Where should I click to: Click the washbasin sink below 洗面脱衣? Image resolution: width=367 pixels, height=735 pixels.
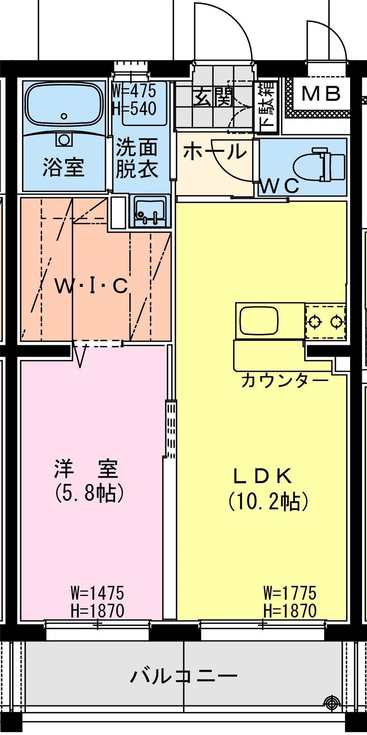coord(151,212)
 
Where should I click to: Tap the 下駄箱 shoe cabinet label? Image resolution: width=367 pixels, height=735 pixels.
coord(267,105)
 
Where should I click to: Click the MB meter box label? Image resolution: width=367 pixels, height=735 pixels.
coord(321,93)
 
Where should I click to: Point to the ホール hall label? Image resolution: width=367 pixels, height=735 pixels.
coord(214,152)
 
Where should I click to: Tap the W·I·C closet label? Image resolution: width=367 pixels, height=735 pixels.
coord(91,286)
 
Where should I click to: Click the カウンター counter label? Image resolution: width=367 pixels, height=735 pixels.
coord(285,380)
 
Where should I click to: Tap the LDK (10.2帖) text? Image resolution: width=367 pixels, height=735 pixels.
coord(268,489)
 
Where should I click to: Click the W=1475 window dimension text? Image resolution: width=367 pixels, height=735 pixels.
coord(97,593)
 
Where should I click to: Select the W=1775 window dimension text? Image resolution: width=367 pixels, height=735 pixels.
coord(290,593)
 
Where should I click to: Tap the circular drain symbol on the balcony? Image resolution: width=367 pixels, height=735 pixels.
coord(330,702)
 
